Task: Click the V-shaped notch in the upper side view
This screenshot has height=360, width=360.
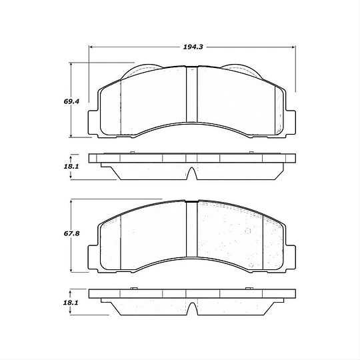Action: pyautogui.click(x=192, y=175)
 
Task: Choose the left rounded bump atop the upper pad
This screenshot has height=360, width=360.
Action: pyautogui.click(x=142, y=69)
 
